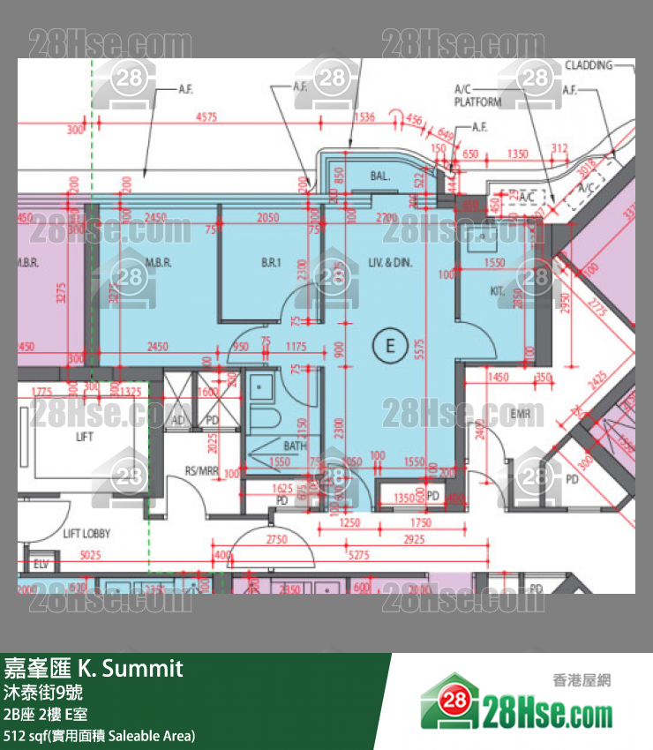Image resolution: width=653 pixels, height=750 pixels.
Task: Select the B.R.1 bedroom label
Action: (270, 262)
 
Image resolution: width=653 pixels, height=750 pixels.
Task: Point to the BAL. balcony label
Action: (380, 176)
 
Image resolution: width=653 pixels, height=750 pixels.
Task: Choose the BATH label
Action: (295, 446)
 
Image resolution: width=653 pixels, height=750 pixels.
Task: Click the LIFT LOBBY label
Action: (86, 534)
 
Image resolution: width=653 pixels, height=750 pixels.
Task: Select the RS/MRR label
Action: (201, 470)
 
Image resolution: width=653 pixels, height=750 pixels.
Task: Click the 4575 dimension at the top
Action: (206, 116)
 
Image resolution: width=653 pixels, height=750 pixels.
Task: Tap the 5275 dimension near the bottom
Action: (358, 555)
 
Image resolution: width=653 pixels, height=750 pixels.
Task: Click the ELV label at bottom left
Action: (40, 563)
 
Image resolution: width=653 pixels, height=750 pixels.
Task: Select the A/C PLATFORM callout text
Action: (477, 95)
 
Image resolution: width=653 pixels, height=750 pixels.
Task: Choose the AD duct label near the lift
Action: (178, 421)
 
